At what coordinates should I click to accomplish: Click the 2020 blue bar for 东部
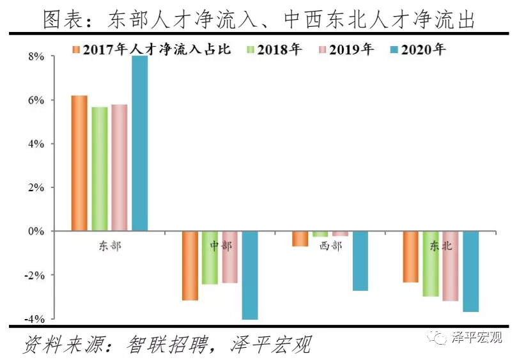pos(139,143)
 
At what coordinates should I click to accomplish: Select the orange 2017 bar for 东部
pos(79,163)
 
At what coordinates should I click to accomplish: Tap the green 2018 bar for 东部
pos(99,169)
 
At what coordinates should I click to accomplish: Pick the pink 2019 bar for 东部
pos(119,168)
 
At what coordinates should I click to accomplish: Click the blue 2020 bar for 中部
pos(250,275)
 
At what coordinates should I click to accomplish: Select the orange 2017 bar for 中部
pos(190,265)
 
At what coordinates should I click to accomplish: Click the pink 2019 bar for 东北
pos(450,265)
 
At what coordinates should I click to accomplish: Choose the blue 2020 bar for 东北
pos(470,271)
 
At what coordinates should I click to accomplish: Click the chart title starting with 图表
pos(259,19)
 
